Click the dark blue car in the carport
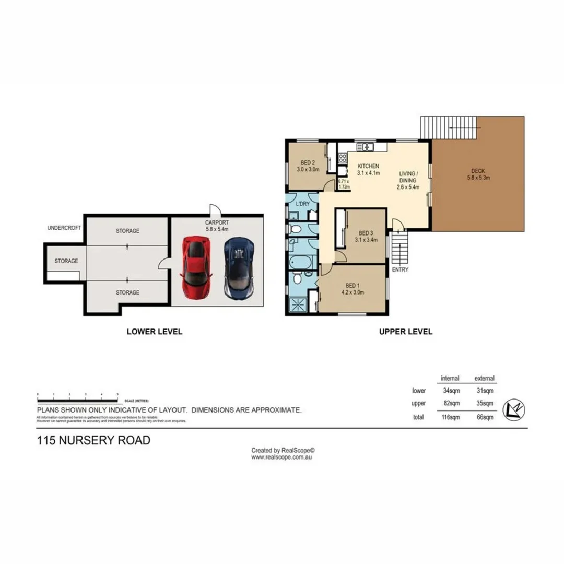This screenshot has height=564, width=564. [239, 267]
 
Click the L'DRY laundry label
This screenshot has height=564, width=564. [303, 203]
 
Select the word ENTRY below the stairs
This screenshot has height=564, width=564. [400, 270]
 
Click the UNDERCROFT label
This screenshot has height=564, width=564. [64, 228]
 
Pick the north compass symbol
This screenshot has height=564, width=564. [513, 409]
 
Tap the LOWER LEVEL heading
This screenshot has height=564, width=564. [155, 332]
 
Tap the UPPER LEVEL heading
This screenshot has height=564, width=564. [406, 332]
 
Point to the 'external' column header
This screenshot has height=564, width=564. [484, 378]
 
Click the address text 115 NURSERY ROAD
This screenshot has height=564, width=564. [93, 441]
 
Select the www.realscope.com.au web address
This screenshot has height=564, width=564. [282, 457]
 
